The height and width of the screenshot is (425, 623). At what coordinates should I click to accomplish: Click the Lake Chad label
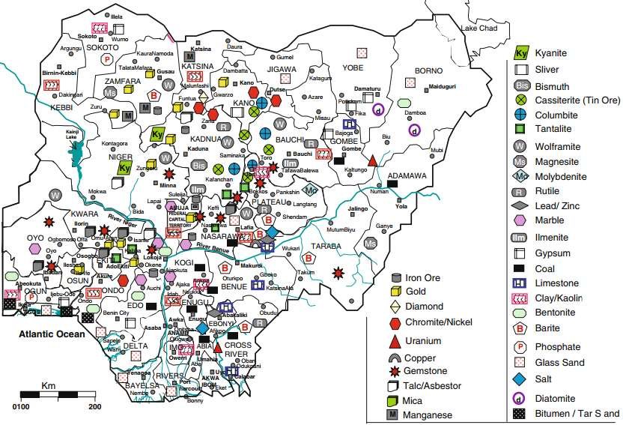coord(479,28)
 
